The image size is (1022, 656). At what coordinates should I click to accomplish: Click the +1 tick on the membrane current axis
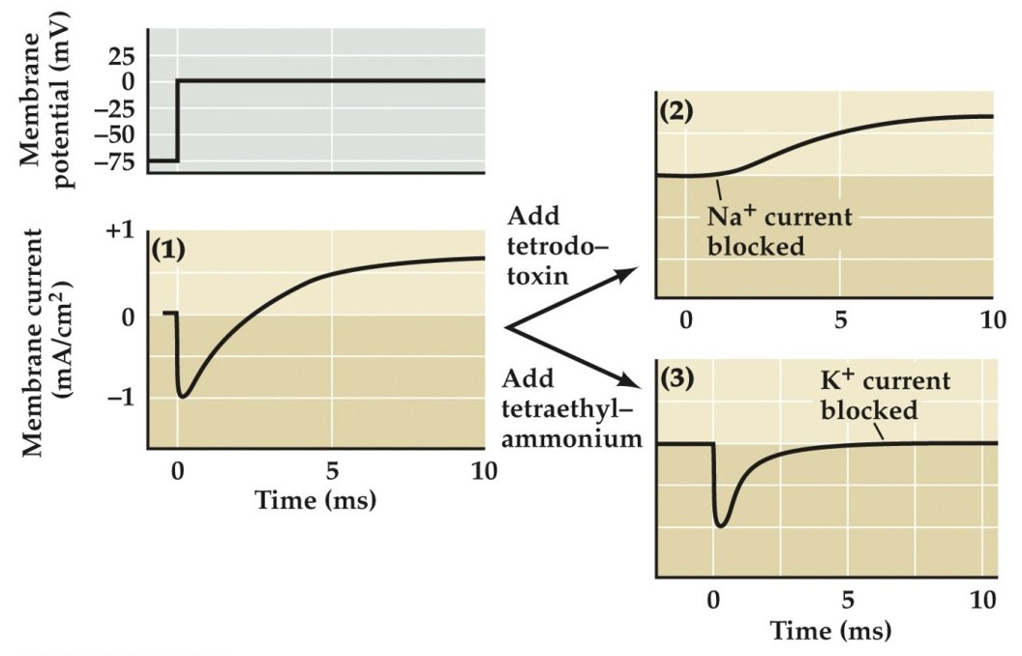(x=123, y=233)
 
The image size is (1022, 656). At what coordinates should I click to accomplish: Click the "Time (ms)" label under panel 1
(x=315, y=501)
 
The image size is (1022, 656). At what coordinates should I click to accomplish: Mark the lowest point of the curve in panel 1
(x=183, y=396)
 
